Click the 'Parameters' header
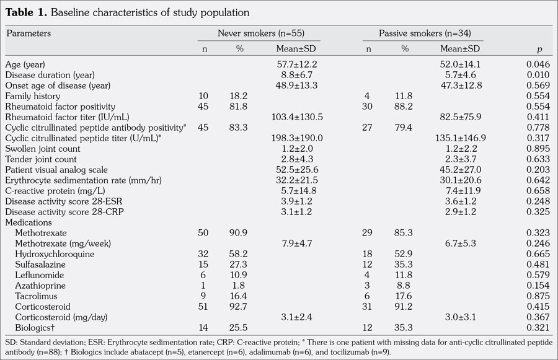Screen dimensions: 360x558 (29, 33)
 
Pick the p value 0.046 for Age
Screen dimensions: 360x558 (537, 64)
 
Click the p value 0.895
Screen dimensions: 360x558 (537, 149)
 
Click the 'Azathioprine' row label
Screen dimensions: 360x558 (42, 285)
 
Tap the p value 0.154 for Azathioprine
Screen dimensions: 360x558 (537, 285)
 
